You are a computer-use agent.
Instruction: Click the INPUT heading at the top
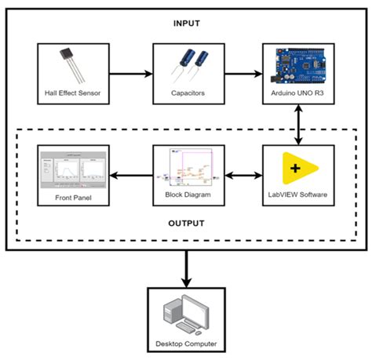coord(186,24)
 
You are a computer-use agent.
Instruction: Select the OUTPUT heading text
coord(186,223)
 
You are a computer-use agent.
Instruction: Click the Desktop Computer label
coord(186,344)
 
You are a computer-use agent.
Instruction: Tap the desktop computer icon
coord(186,314)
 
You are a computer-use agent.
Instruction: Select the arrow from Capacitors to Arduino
coord(243,75)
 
